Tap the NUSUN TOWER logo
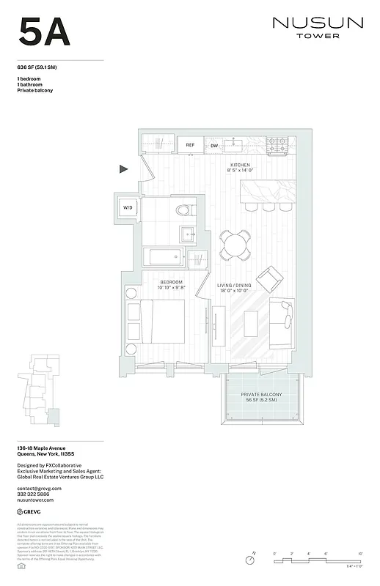pos(317,27)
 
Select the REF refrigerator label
pos(190,145)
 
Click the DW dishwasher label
pos(214,145)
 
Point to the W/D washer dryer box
pos(128,208)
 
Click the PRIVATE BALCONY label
pos(261,397)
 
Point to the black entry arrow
pos(124,169)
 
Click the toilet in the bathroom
pos(185,210)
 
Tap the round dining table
pos(236,244)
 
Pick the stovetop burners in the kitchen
pos(279,144)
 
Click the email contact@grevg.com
pos(39,488)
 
